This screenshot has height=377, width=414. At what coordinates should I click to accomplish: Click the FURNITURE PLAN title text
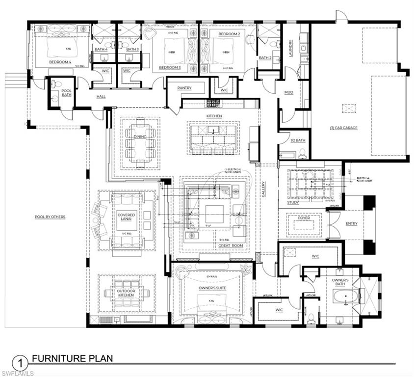(72, 358)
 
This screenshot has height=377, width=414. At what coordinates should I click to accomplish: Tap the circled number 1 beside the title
(19, 364)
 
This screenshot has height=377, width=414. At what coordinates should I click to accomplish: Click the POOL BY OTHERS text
(50, 216)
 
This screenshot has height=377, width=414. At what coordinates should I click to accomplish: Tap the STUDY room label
(293, 202)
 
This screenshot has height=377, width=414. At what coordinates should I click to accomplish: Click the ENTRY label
(351, 223)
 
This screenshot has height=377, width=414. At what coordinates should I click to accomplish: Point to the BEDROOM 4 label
(60, 62)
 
